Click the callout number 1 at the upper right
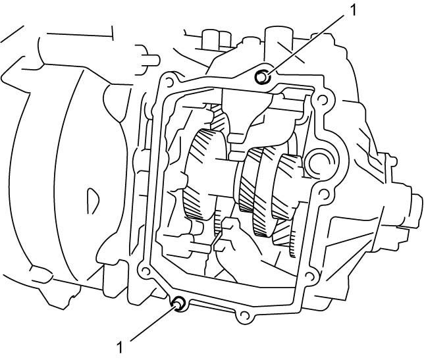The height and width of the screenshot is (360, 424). (x=353, y=11)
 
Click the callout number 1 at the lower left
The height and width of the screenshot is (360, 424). (x=120, y=347)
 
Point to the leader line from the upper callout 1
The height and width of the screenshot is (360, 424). (x=306, y=44)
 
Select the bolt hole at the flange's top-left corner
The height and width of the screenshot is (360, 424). (x=169, y=82)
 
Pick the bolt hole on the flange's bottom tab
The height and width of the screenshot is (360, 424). (x=244, y=315)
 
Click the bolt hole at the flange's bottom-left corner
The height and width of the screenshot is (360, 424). (x=146, y=270)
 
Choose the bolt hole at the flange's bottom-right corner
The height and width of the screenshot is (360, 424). (x=309, y=276)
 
